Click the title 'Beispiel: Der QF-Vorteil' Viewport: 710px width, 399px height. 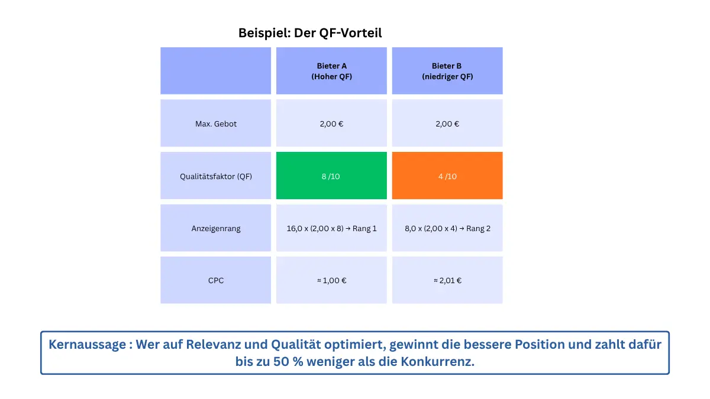pyautogui.click(x=310, y=33)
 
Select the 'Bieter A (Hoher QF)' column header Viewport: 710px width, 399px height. pyautogui.click(x=331, y=71)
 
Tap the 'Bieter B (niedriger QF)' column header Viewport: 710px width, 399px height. pyautogui.click(x=447, y=71)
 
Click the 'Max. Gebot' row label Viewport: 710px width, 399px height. pyautogui.click(x=216, y=124)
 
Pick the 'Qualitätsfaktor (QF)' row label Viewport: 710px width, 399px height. pyautogui.click(x=216, y=176)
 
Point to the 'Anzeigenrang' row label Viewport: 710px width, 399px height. pyautogui.click(x=216, y=228)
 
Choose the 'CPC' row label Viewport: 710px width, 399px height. pyautogui.click(x=216, y=280)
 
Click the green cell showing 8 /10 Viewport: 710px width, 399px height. pyautogui.click(x=331, y=176)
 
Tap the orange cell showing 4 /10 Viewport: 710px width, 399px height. pyautogui.click(x=447, y=176)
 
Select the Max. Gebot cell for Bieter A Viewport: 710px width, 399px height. pyautogui.click(x=331, y=124)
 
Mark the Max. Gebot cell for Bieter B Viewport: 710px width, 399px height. pyautogui.click(x=447, y=124)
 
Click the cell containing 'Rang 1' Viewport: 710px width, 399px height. pyautogui.click(x=331, y=228)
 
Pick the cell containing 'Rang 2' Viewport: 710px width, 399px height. pyautogui.click(x=447, y=228)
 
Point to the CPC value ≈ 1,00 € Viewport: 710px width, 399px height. pyautogui.click(x=331, y=280)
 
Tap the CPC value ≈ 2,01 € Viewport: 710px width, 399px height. pyautogui.click(x=447, y=280)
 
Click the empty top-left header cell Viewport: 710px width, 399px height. pyautogui.click(x=216, y=71)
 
